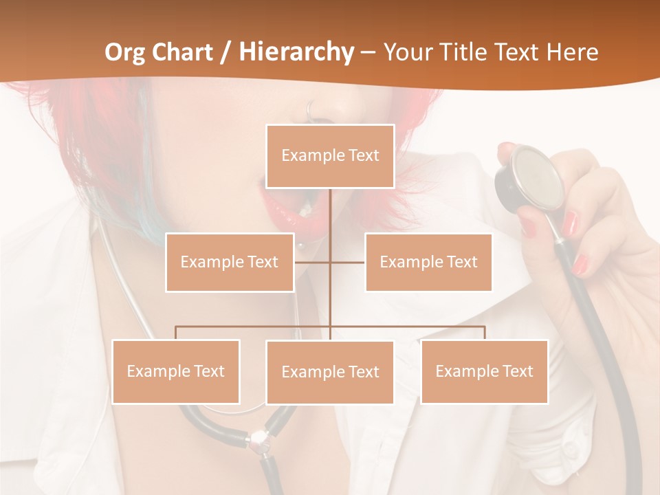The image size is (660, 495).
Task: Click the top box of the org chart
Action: click(330, 156)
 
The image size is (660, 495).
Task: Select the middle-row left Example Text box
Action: click(229, 262)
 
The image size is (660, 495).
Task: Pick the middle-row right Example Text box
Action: click(428, 262)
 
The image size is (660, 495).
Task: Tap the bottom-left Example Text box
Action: click(175, 371)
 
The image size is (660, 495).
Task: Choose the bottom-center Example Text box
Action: click(330, 372)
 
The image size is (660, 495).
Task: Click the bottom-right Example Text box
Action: click(484, 371)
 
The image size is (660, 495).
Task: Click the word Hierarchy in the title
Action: click(296, 52)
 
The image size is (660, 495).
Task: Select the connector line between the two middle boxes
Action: click(330, 262)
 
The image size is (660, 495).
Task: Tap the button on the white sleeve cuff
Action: click(569, 448)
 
